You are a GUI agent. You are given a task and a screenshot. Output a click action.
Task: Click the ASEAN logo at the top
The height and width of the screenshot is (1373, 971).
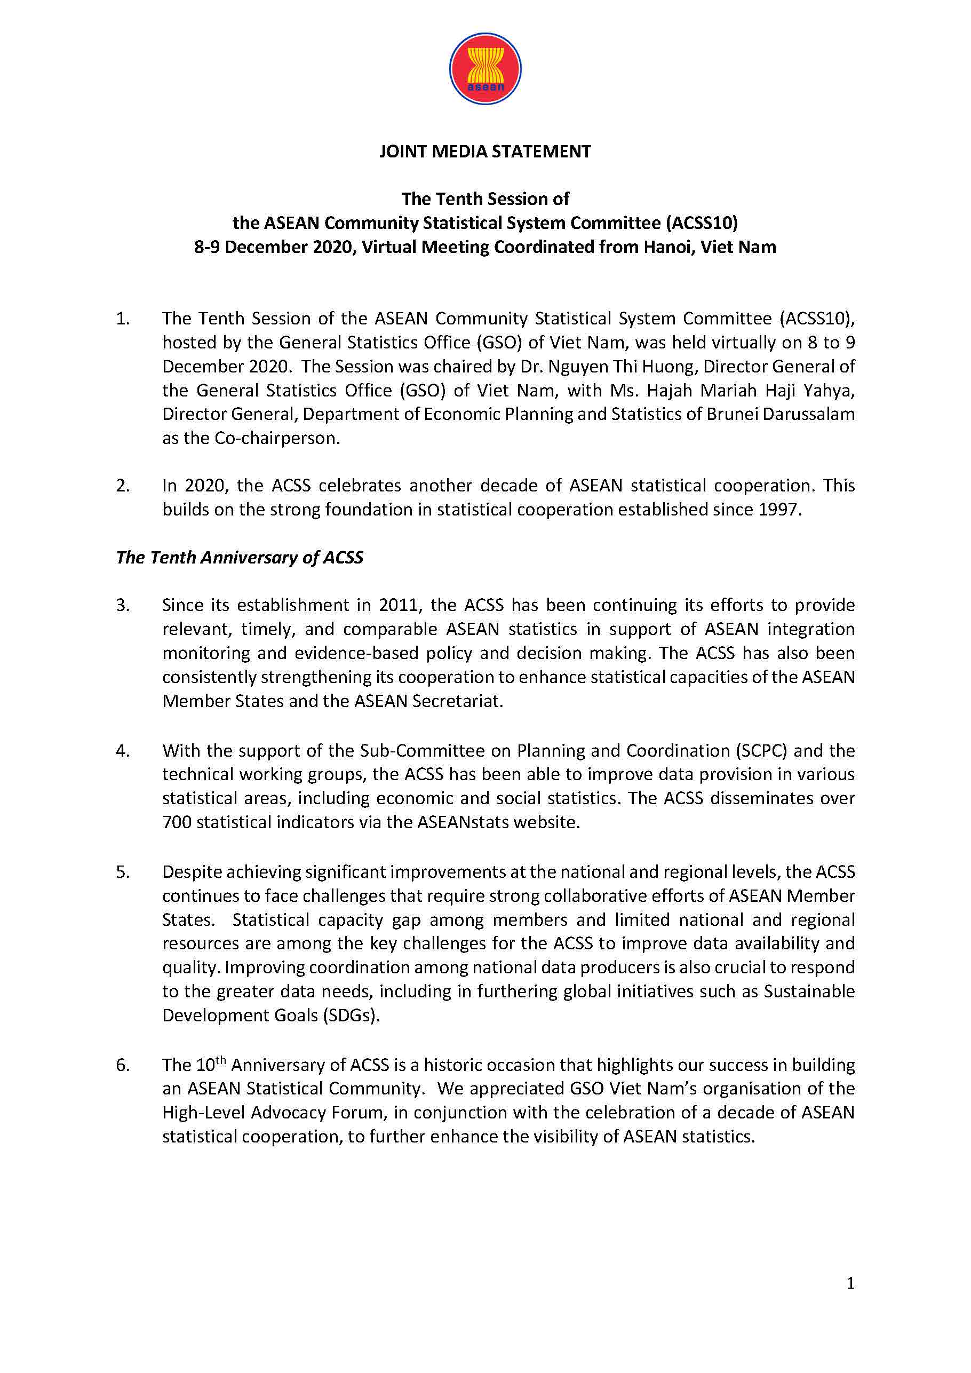[485, 69]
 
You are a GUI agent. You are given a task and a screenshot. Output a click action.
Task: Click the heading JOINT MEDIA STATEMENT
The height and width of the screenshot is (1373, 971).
[485, 152]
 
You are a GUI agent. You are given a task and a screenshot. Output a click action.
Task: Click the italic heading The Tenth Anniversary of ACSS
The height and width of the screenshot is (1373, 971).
[240, 557]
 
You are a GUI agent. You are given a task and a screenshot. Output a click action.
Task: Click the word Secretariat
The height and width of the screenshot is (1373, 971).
[457, 701]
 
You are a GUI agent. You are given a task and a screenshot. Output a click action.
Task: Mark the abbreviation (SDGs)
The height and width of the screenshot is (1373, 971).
[352, 1015]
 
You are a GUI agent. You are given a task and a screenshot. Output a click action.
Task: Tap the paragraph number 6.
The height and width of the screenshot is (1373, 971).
[123, 1065]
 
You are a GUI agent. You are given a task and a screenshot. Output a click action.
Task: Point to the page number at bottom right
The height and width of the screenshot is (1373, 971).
[850, 1283]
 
